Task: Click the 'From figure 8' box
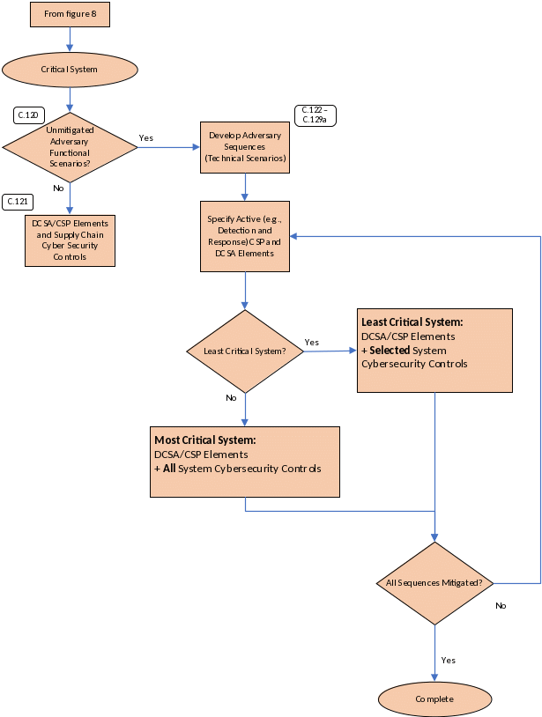[70, 14]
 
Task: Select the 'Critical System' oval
[70, 69]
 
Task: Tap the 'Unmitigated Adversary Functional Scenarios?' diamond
[70, 147]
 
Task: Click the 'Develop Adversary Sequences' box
[244, 147]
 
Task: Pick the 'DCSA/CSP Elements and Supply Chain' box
[70, 240]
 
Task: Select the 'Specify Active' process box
[245, 235]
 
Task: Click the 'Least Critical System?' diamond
[245, 351]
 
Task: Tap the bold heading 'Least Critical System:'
[412, 322]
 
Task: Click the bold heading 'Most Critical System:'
[205, 440]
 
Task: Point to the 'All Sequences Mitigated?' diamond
[434, 583]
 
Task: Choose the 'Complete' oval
[434, 699]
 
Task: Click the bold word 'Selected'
[390, 351]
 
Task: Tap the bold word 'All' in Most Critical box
[170, 469]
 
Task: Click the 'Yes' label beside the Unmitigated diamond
[146, 138]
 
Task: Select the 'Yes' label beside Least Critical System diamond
[312, 342]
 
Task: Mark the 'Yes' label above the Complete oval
[448, 660]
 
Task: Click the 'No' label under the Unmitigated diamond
[59, 188]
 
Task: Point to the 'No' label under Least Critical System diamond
[232, 398]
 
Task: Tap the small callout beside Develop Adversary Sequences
[315, 115]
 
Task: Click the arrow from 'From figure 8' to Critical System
[70, 41]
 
